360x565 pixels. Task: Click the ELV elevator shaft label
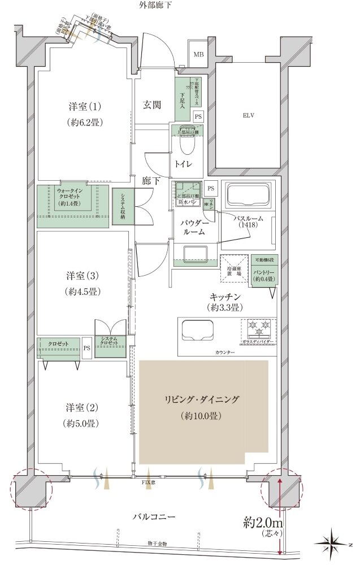coord(249,115)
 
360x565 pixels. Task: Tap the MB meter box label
coord(198,55)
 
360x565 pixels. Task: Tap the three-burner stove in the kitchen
coord(259,327)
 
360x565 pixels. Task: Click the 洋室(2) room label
coord(82,414)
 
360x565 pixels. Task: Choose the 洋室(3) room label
coord(82,284)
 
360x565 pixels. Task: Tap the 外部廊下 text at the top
coord(155,5)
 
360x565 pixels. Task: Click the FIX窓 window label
coord(149,484)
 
